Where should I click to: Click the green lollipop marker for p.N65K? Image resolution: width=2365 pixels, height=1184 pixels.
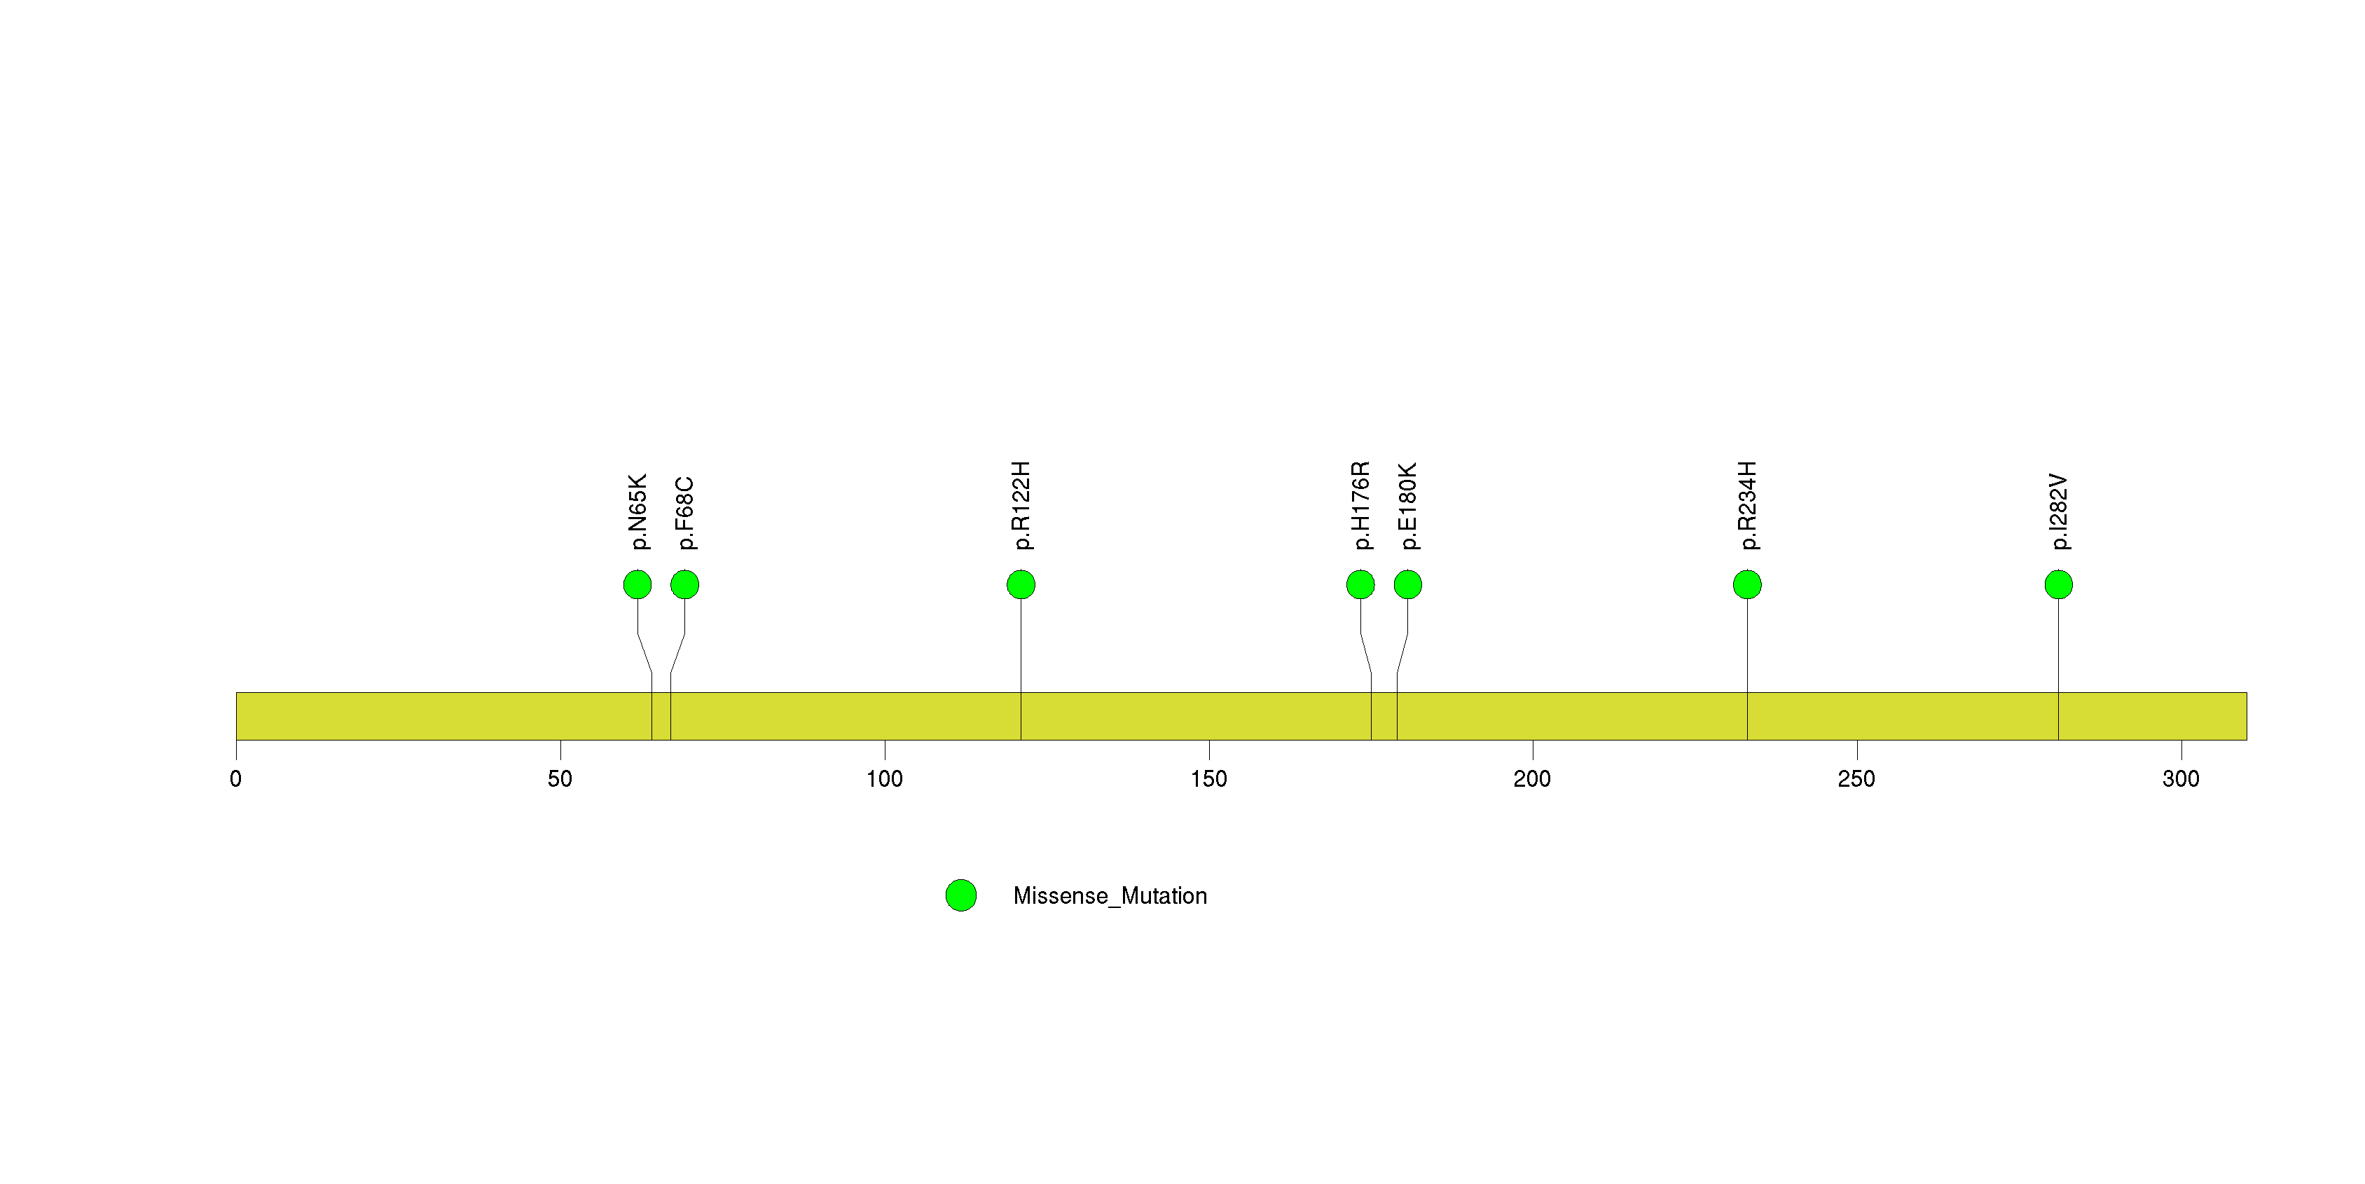[x=637, y=585]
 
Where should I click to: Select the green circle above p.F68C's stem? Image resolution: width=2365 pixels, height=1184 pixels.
[x=685, y=585]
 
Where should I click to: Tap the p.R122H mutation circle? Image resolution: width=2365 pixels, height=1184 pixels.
[x=1021, y=585]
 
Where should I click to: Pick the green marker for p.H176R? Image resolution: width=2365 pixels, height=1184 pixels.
[x=1360, y=585]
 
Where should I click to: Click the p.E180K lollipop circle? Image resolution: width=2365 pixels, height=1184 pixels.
[x=1407, y=585]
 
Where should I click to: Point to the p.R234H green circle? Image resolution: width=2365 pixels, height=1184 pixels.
[x=1747, y=585]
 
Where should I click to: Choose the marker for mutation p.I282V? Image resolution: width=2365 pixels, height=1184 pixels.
[x=2058, y=585]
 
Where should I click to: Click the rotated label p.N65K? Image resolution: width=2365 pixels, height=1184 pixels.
[x=638, y=512]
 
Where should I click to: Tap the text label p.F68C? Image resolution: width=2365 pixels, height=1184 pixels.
[x=685, y=513]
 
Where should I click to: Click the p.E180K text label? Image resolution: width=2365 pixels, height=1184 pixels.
[x=1408, y=507]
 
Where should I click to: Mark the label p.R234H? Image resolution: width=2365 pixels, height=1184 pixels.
[x=1748, y=506]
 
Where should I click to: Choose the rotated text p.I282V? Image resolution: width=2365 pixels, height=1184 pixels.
[x=2060, y=512]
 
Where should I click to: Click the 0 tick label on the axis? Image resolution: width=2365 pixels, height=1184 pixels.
[x=236, y=779]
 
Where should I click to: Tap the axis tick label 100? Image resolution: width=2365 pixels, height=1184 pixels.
[x=884, y=779]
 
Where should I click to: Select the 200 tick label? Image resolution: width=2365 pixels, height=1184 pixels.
[x=1532, y=779]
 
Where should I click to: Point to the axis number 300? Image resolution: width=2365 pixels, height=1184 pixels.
[x=2181, y=779]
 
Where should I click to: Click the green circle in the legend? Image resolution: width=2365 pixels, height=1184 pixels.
[x=961, y=896]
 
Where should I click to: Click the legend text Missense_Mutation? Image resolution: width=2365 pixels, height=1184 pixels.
[x=1110, y=896]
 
